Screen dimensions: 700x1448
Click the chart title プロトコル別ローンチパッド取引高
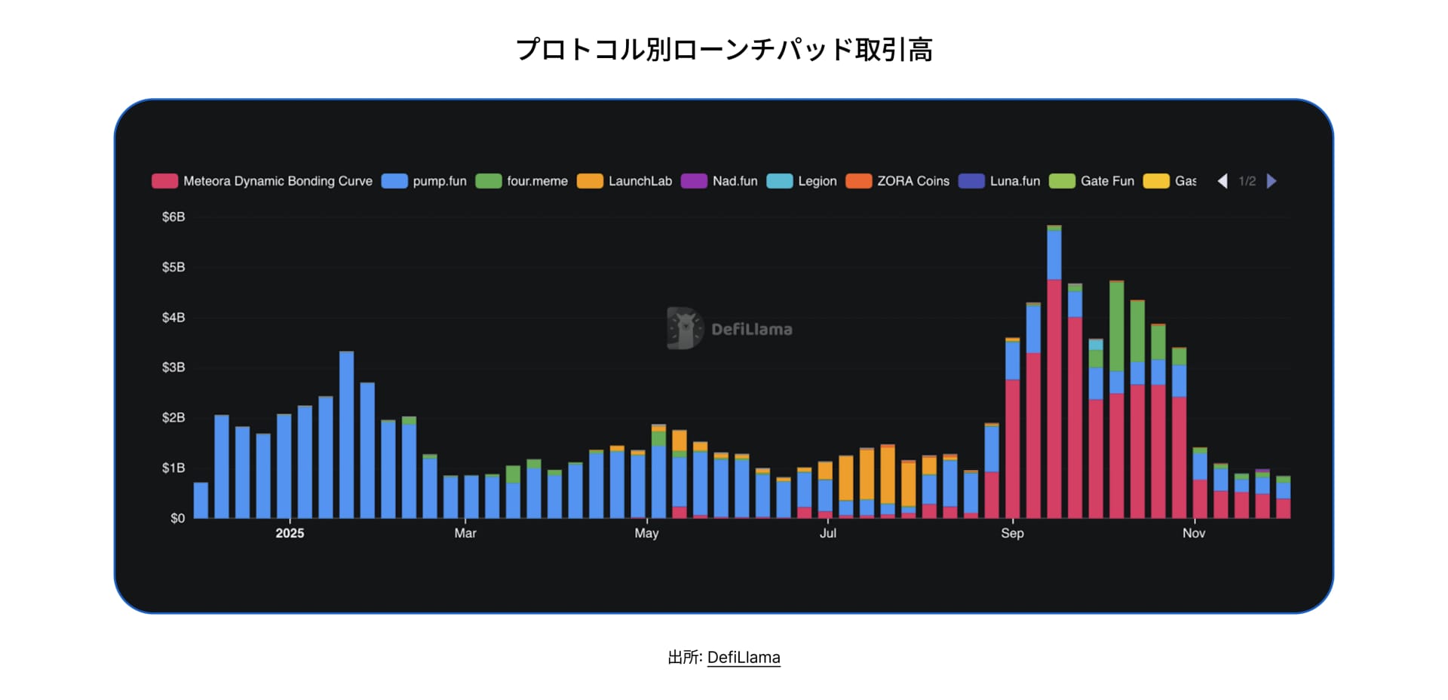click(724, 50)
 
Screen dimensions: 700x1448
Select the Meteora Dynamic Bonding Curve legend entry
click(262, 181)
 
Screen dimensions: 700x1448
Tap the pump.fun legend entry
click(425, 181)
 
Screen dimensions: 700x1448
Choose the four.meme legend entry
click(522, 181)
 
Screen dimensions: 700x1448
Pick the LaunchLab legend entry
click(624, 181)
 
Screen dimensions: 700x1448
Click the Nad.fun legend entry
click(719, 181)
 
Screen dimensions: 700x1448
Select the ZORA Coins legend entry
click(897, 181)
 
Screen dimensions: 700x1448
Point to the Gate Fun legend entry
click(1092, 181)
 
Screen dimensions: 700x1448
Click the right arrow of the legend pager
click(1272, 181)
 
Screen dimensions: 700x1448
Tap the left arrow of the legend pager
click(1223, 181)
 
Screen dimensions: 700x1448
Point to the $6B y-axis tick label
click(173, 217)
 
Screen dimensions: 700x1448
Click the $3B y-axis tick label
click(173, 367)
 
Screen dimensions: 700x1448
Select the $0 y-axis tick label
click(177, 518)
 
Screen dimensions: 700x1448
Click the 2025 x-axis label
click(290, 533)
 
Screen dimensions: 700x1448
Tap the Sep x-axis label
click(1012, 533)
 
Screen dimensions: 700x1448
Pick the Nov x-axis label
click(1193, 533)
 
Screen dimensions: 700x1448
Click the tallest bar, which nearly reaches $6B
click(1054, 377)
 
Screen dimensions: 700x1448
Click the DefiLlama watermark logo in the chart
click(684, 329)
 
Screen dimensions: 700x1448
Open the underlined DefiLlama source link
click(744, 658)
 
